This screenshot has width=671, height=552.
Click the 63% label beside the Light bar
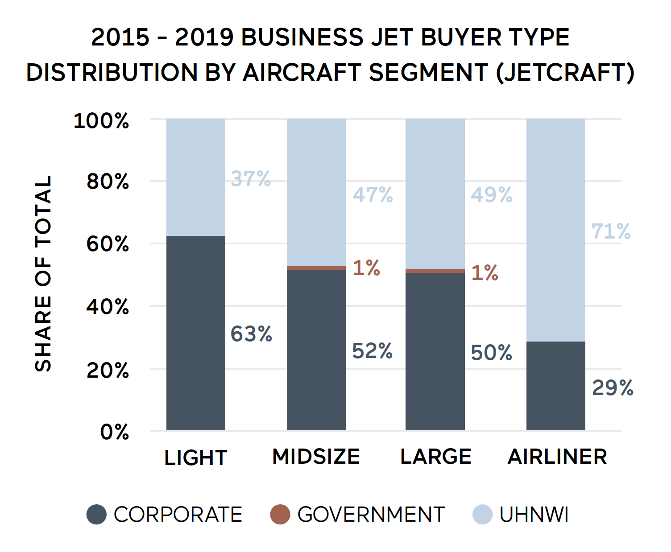point(251,334)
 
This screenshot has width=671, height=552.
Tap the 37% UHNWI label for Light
point(250,179)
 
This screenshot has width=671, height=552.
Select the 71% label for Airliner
point(611,231)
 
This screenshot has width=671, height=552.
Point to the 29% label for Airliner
point(613,387)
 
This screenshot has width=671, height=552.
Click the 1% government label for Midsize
point(366,268)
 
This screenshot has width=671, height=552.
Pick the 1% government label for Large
point(485,272)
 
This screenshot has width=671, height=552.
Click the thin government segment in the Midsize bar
point(316,268)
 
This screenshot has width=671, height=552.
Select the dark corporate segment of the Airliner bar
point(555,386)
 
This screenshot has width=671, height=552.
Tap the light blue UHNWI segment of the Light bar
point(195,177)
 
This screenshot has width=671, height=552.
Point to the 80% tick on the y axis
point(108,182)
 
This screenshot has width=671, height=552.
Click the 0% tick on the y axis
point(114,432)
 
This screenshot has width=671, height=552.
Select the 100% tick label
point(101,121)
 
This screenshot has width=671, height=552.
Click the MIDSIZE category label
point(316,457)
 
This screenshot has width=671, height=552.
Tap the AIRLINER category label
point(557,457)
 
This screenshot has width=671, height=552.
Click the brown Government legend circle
point(280,515)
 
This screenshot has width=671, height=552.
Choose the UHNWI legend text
point(534,515)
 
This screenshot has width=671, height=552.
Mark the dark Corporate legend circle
point(96,515)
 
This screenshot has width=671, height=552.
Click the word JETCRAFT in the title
point(565,73)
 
